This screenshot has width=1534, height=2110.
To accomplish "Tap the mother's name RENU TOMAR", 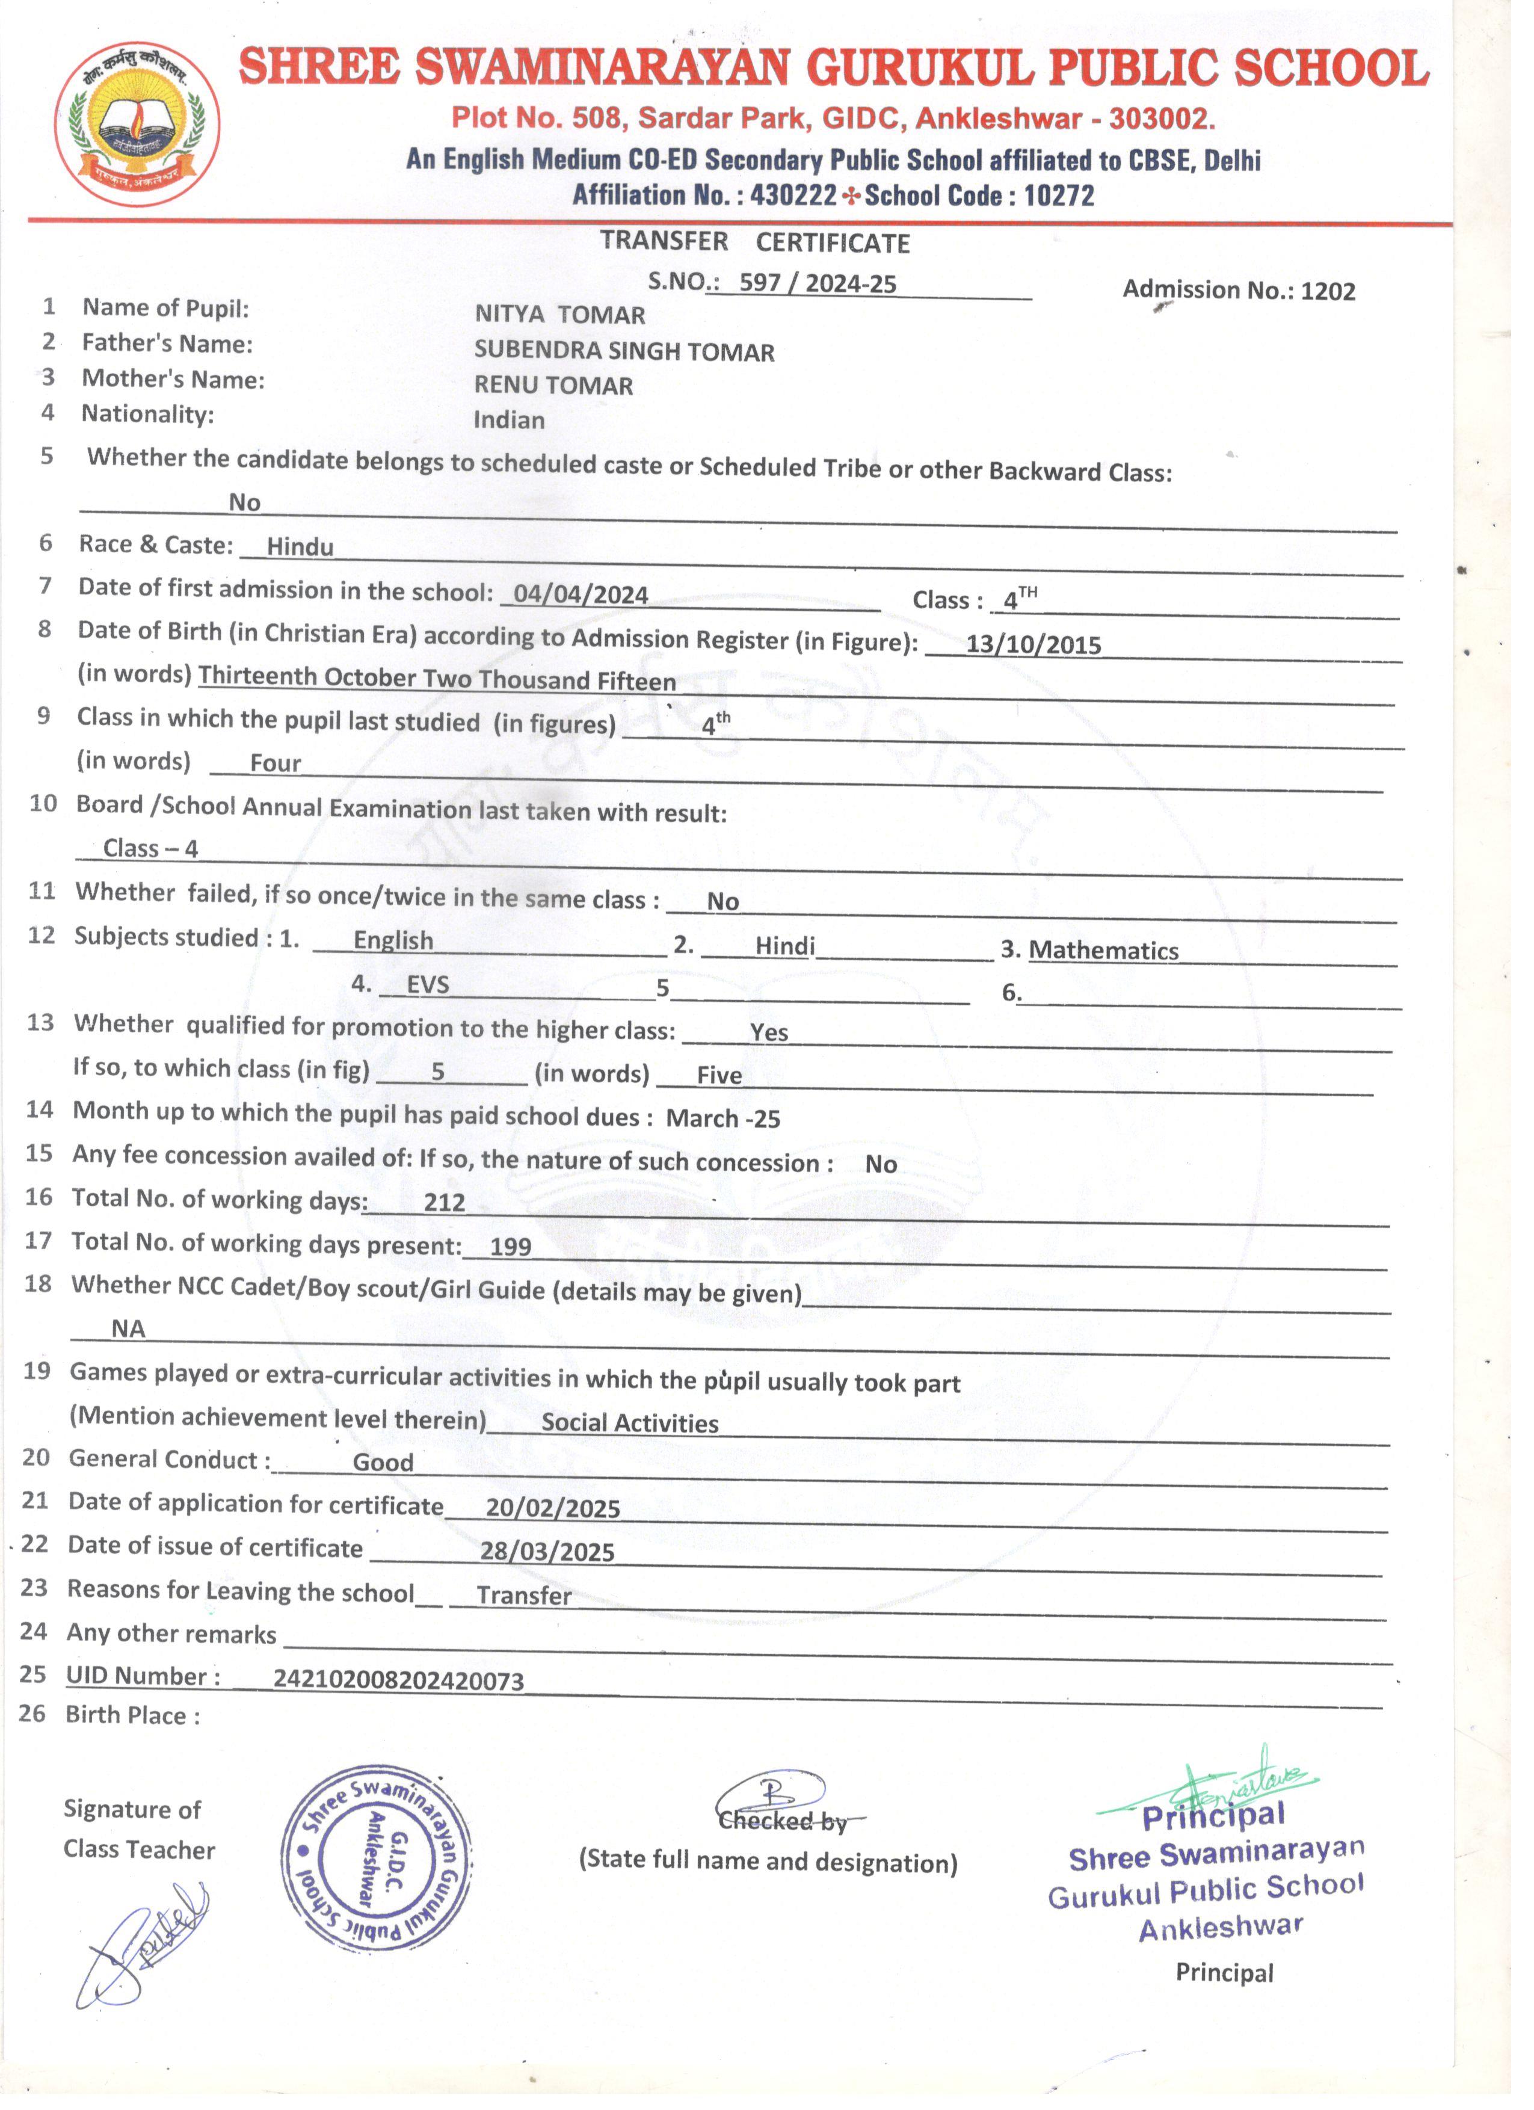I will coord(553,385).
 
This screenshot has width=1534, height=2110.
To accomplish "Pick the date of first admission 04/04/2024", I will coord(581,594).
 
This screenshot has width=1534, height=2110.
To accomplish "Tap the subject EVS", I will coord(428,984).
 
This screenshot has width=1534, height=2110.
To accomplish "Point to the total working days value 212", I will coord(444,1202).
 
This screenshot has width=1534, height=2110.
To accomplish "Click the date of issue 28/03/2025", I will coord(547,1551).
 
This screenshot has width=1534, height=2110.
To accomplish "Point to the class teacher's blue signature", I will coord(144,1945).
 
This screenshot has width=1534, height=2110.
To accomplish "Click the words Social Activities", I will coord(630,1422).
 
